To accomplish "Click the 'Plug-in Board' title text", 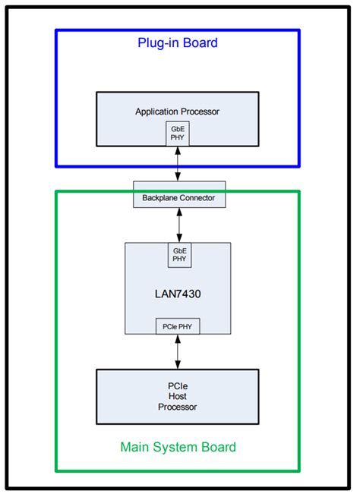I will click(177, 43).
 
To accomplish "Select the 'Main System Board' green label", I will click(178, 446).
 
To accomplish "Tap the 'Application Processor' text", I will click(177, 112).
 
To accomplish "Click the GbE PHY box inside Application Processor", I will click(178, 134).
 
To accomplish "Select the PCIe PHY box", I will click(178, 326).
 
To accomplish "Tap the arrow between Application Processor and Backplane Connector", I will click(178, 164).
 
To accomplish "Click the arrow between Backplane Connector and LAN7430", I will click(179, 225).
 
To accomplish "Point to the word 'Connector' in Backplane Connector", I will click(197, 199).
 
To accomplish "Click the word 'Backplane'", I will click(159, 199).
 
